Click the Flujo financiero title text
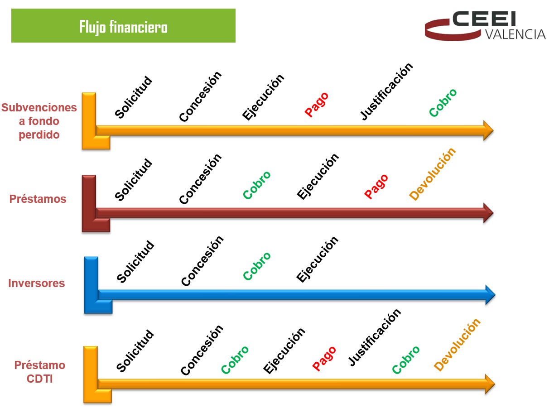123,27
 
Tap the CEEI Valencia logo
485,26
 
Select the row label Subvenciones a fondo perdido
39,121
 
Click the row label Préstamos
38,199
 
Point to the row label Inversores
37,283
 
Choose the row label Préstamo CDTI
40,372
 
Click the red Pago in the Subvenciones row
317,104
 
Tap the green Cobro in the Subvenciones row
443,102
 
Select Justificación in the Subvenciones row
386,91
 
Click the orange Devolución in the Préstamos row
432,174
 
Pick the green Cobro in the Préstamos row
257,185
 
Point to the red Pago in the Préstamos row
376,187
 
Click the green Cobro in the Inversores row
257,266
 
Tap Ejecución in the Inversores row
317,259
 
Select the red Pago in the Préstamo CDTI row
324,359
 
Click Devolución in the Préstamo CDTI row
457,345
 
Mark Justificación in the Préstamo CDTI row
375,337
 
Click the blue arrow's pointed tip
496,295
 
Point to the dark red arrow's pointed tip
493,213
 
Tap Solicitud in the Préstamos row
133,179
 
